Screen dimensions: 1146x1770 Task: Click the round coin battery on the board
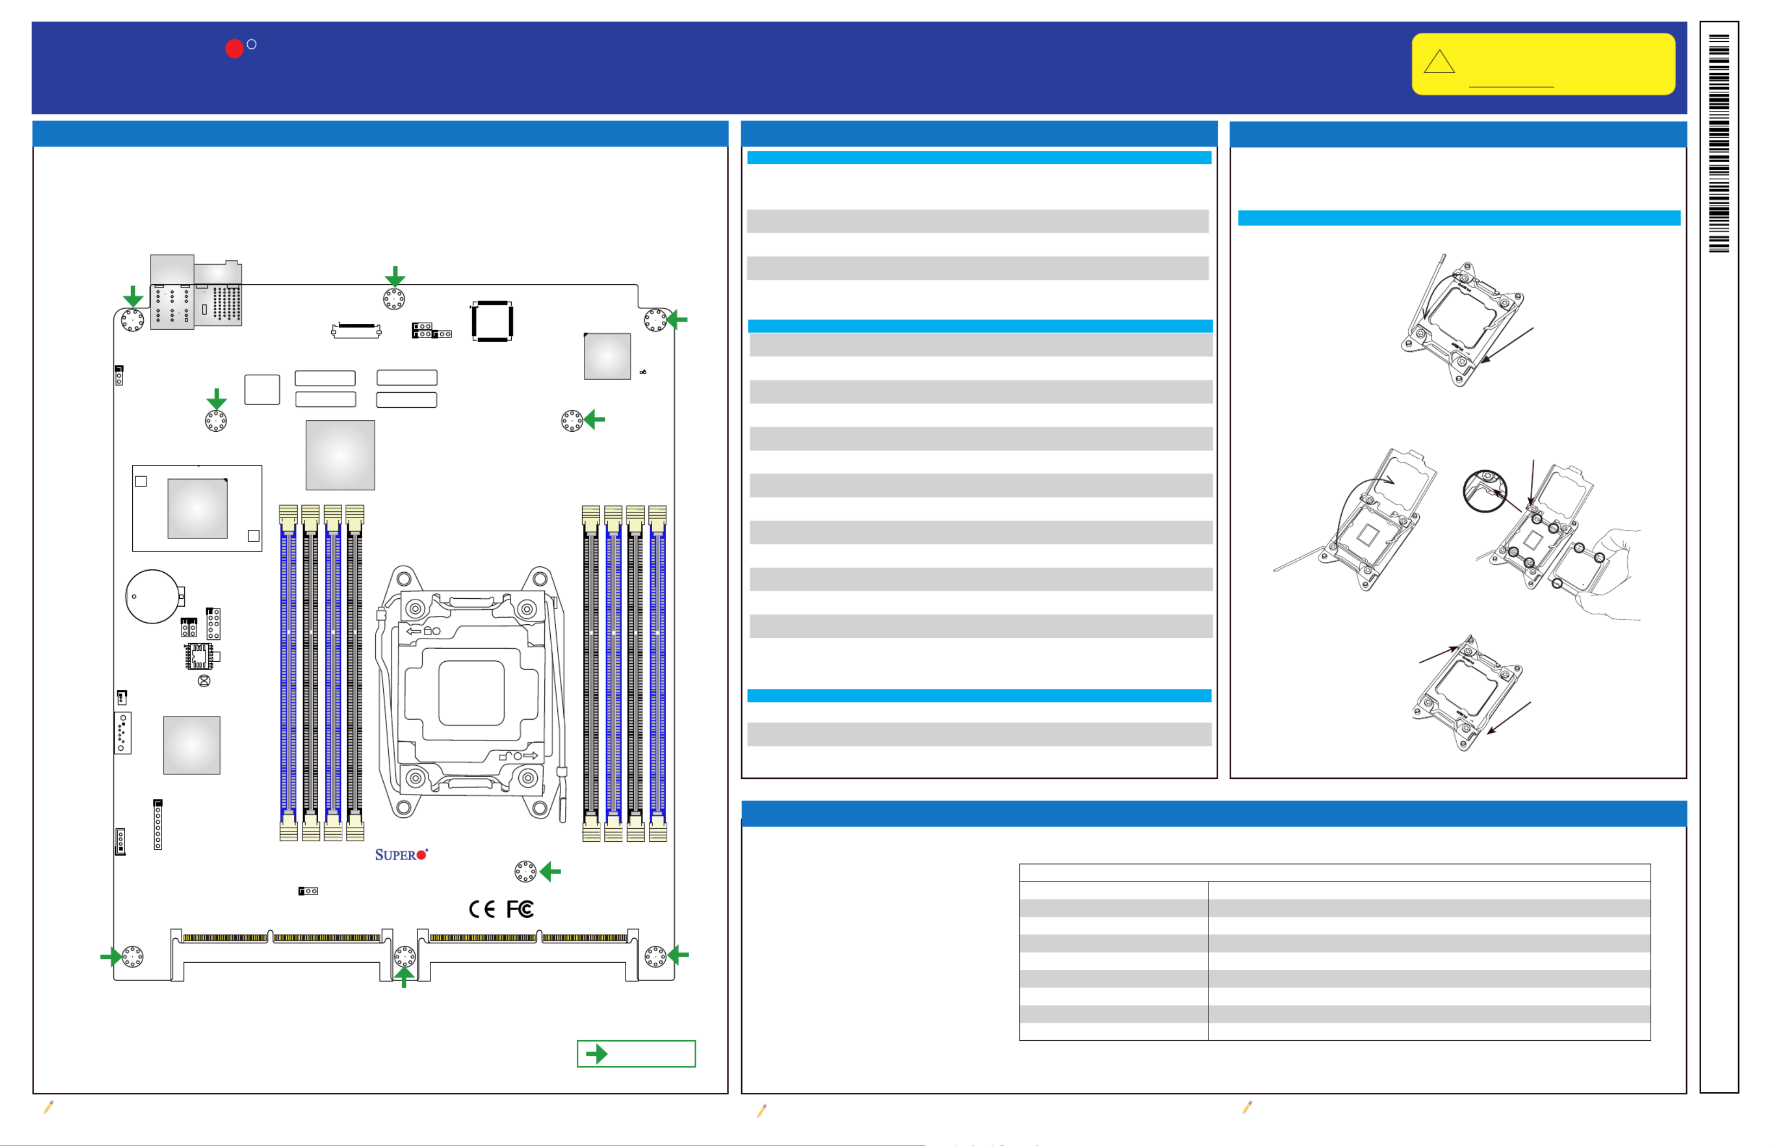pyautogui.click(x=152, y=596)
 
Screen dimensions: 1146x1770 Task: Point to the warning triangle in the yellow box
pyautogui.click(x=1439, y=62)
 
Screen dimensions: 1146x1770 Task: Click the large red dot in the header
pyautogui.click(x=234, y=48)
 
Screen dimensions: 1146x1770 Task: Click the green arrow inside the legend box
pyautogui.click(x=596, y=1054)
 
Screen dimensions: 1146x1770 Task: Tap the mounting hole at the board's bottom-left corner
pyautogui.click(x=132, y=956)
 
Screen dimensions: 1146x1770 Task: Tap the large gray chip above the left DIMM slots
pyautogui.click(x=340, y=454)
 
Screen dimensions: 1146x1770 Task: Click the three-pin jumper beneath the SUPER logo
pyautogui.click(x=308, y=891)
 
